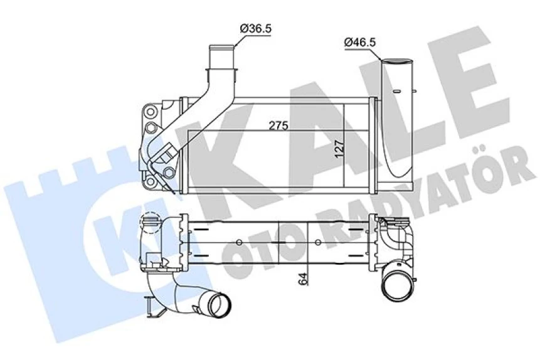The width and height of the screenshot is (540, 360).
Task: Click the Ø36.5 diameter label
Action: click(258, 28)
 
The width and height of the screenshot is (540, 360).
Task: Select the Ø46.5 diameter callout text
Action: click(361, 43)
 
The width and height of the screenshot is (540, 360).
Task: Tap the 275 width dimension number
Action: click(278, 125)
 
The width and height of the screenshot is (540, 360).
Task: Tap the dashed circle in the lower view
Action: click(151, 223)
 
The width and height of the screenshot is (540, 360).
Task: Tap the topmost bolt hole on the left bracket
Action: click(151, 113)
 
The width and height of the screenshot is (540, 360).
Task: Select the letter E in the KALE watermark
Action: click(462, 82)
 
